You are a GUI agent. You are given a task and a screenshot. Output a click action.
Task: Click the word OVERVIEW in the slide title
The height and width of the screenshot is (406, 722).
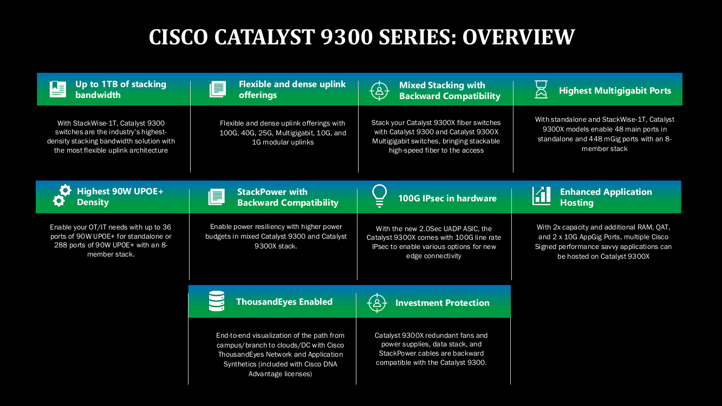pos(518,37)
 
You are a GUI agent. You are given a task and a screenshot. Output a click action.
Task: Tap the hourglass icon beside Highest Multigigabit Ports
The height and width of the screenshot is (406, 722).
pos(541,89)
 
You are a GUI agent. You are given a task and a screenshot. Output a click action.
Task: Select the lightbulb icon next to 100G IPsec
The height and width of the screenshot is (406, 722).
pos(379,196)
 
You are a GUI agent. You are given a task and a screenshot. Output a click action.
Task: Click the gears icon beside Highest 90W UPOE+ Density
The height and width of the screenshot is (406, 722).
pos(62,195)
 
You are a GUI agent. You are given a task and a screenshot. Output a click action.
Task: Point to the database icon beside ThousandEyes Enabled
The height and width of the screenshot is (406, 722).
pos(217,301)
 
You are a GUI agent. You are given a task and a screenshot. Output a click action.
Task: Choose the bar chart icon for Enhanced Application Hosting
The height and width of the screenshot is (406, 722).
pos(542,196)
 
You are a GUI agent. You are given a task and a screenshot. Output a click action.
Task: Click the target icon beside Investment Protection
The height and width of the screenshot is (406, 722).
pos(377,303)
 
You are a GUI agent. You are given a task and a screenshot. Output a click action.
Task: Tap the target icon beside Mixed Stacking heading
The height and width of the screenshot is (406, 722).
pos(379,91)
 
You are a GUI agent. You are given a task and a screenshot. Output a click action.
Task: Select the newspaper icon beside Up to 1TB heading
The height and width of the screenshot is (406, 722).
pos(58,89)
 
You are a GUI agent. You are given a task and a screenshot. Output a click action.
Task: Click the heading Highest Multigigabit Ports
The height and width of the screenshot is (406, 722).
pos(615,90)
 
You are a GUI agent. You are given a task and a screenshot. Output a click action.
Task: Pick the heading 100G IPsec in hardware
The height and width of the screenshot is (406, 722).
pos(447,198)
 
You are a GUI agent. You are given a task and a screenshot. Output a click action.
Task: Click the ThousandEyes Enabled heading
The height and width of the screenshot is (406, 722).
pos(284,302)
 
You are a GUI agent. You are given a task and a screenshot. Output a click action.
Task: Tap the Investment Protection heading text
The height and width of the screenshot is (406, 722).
pos(442,303)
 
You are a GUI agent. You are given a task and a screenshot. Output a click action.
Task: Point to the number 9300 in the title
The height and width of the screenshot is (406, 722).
pos(347,37)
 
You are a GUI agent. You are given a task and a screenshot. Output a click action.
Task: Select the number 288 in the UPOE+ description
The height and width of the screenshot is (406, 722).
pos(60,245)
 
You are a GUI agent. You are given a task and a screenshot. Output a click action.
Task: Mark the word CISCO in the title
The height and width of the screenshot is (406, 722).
pos(178,37)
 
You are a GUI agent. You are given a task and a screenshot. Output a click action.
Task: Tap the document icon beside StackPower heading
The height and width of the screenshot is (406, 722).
pos(217,197)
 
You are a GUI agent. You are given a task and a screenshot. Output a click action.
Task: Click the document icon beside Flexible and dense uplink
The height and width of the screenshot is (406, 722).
pos(218,89)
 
